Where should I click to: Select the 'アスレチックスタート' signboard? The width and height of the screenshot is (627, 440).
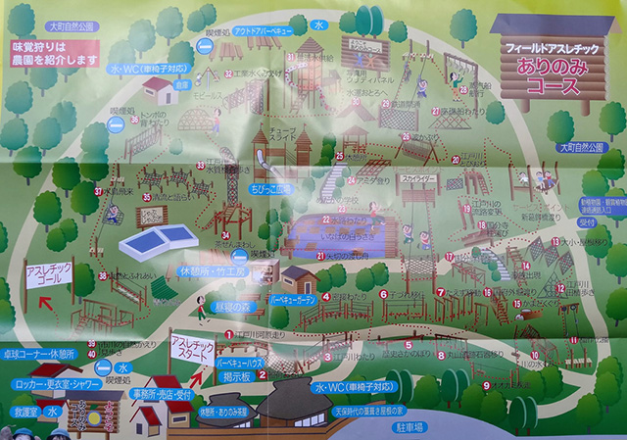pos(190,346)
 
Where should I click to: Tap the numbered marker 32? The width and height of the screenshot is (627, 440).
pos(226,73)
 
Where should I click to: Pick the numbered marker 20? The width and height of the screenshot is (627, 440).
pos(454,161)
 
